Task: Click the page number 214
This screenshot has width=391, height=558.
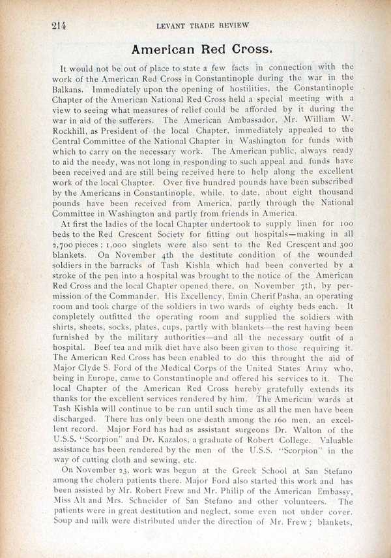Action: tap(59, 25)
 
